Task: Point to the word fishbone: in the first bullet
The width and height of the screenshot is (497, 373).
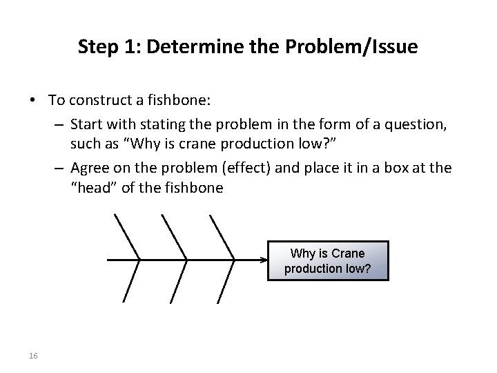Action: point(179,100)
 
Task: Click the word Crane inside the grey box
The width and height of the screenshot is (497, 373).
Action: point(349,254)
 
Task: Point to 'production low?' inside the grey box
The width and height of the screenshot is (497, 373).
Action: point(327,268)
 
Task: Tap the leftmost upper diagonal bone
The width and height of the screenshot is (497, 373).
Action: point(127,237)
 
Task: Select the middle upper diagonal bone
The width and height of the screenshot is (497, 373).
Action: point(173,237)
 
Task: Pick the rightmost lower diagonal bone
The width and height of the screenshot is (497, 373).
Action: point(226,282)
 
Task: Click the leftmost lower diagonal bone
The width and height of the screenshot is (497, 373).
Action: point(133,282)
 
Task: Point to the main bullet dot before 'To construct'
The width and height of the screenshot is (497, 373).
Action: point(33,101)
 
